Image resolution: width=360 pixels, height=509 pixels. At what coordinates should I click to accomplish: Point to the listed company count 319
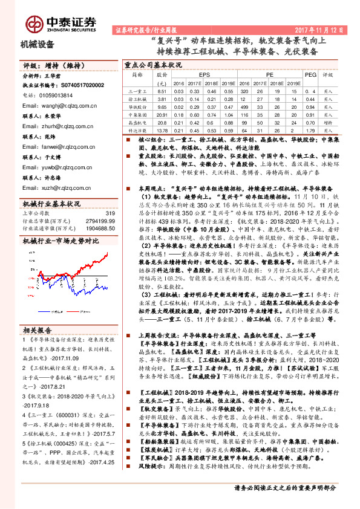click(110, 213)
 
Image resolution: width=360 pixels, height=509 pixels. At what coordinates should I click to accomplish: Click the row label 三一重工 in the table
click(139, 91)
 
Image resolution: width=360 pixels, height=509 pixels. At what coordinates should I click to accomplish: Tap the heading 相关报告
click(36, 331)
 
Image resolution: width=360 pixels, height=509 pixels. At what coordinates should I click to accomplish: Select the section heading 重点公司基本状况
click(153, 63)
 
